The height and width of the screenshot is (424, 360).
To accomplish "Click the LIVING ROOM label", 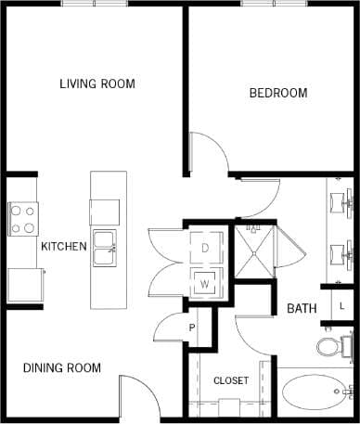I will click(x=96, y=84).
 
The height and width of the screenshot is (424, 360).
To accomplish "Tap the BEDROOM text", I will click(x=278, y=93).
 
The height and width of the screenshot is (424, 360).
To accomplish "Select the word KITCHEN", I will click(x=63, y=247).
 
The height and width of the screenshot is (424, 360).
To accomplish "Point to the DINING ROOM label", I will click(x=61, y=368).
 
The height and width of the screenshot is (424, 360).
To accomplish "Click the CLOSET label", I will click(x=231, y=381).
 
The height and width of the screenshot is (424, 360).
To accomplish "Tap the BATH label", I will click(x=302, y=309).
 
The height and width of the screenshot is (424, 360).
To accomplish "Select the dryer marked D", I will click(x=204, y=249).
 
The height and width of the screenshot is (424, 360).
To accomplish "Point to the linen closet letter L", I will click(x=341, y=305).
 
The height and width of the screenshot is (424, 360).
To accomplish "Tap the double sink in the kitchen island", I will click(x=104, y=242).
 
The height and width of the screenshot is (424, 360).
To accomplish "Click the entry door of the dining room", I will click(x=139, y=394).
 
